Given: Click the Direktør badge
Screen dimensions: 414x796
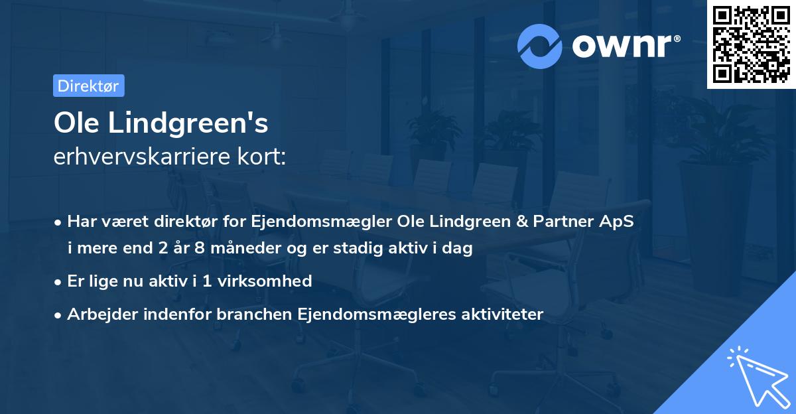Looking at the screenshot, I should tap(88, 86).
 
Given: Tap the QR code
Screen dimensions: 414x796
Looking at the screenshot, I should tap(751, 44).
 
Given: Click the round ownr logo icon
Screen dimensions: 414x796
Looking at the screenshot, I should tap(539, 46).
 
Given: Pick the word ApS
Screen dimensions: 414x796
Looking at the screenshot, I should tap(619, 221).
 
